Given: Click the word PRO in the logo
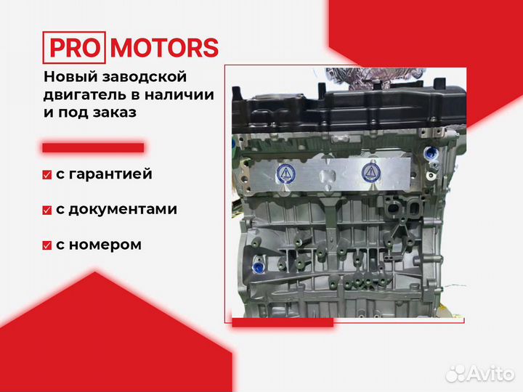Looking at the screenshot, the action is [74, 48].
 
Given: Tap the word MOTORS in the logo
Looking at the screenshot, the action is [164, 48].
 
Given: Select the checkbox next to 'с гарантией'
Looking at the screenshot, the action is [47, 175].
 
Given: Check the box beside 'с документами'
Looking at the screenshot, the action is [47, 210].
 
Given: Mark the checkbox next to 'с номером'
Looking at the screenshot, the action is [47, 245].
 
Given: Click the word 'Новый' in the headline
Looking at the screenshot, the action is [70, 77].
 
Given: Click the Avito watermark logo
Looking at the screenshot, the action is [480, 373].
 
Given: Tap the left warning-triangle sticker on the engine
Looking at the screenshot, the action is [286, 173].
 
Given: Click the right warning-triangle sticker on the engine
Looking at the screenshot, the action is [371, 173].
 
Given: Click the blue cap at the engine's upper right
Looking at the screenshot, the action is [429, 154].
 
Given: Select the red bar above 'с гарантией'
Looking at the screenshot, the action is [93, 147].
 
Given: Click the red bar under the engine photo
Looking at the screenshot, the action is [283, 322].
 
